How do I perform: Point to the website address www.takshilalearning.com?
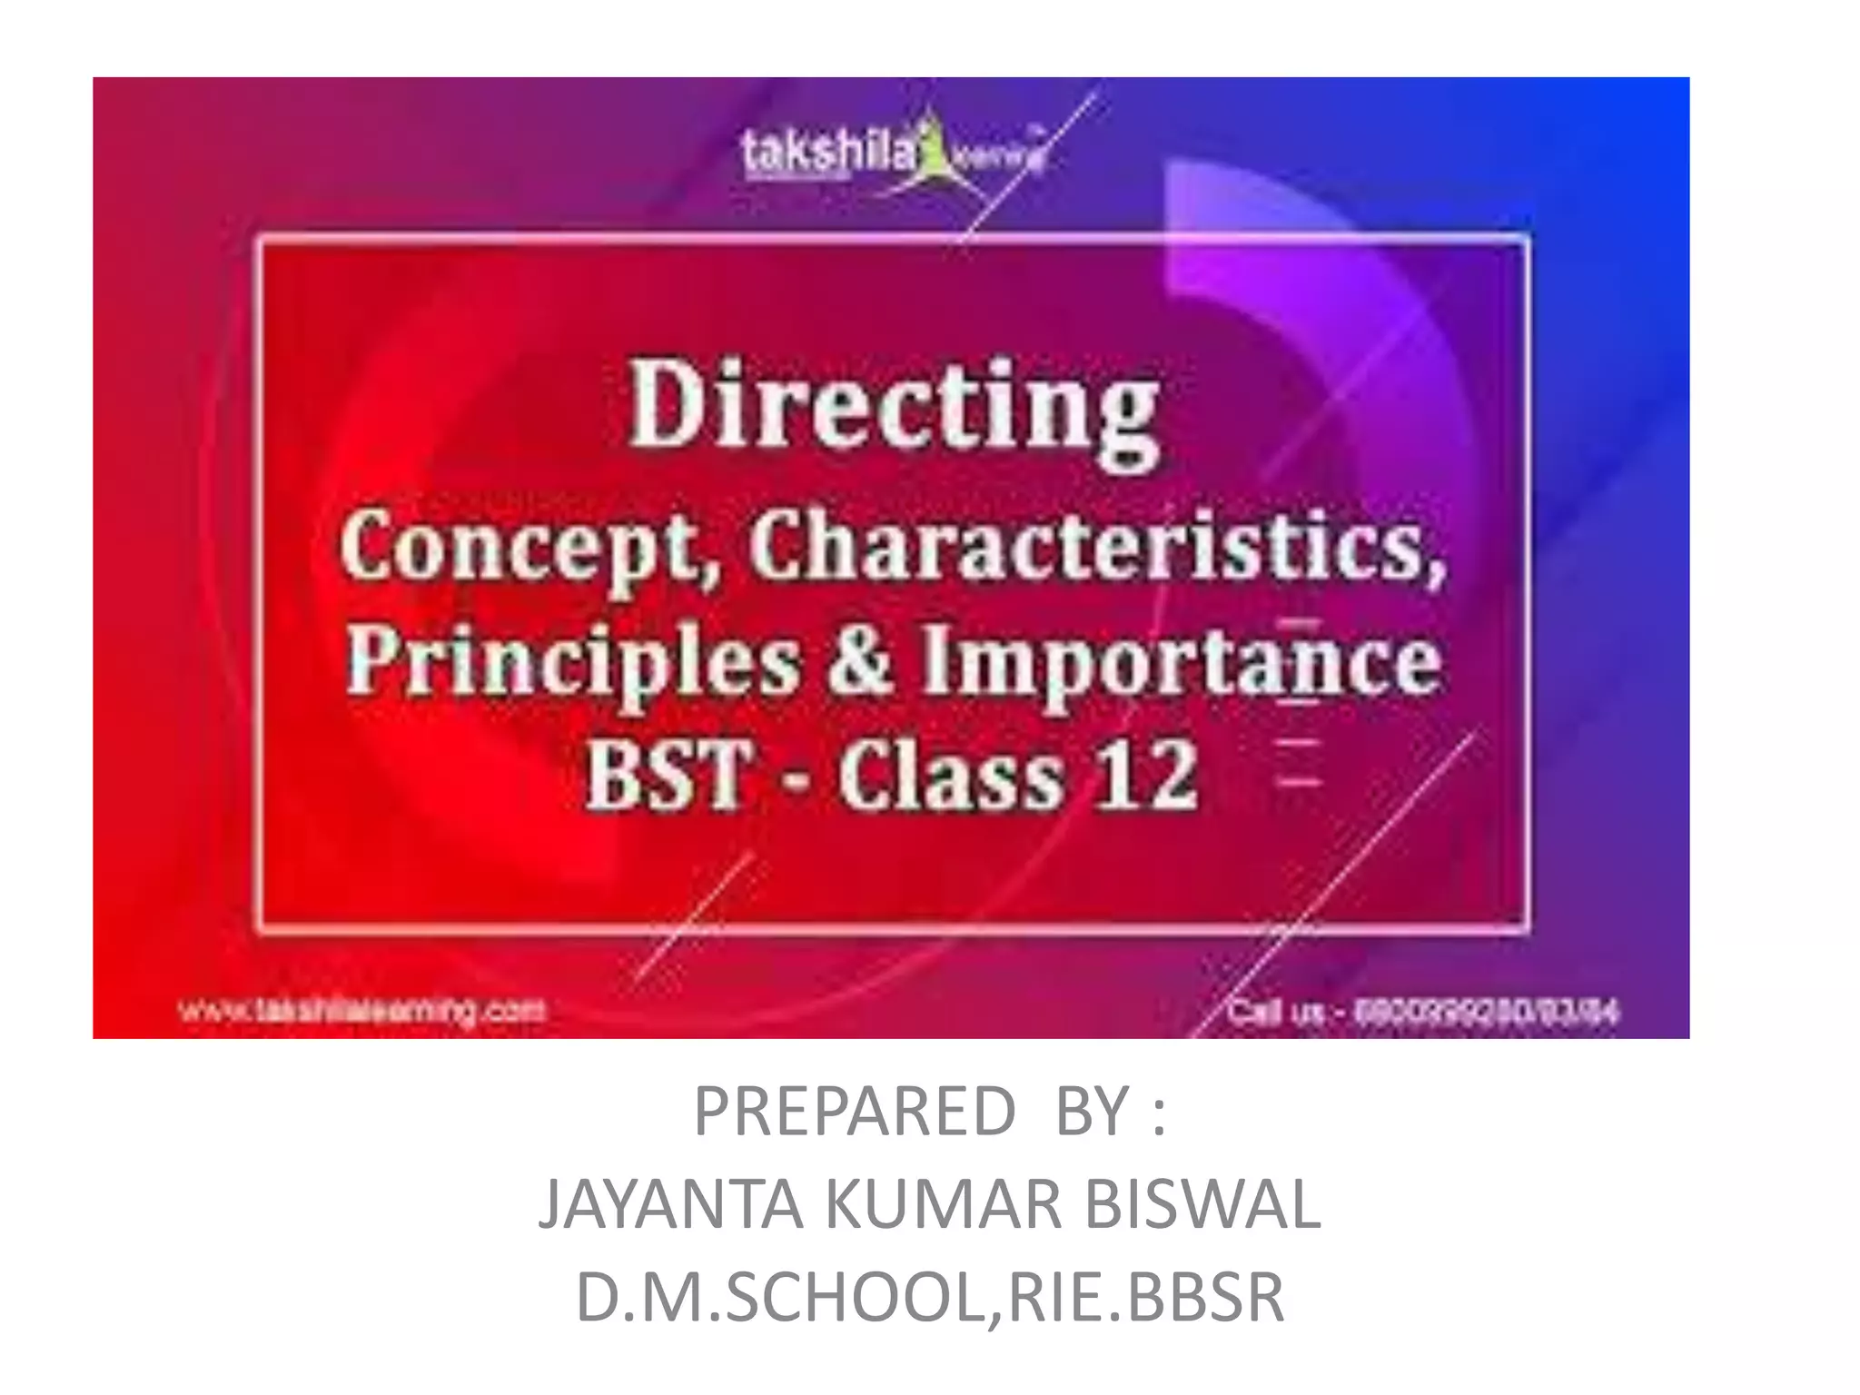[362, 1010]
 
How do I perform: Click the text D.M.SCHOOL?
[781, 1297]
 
